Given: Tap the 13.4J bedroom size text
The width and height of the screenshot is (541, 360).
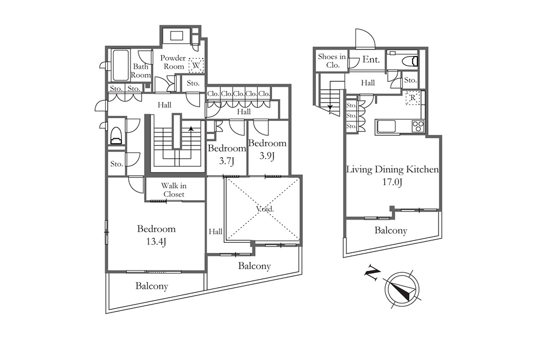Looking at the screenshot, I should pyautogui.click(x=156, y=242).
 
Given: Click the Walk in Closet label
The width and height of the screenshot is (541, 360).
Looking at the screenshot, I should pyautogui.click(x=173, y=190).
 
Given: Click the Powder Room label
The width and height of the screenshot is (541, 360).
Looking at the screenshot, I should pyautogui.click(x=173, y=62).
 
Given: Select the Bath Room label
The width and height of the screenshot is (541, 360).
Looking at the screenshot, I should pyautogui.click(x=142, y=71).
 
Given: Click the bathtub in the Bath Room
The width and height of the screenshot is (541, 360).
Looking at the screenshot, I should pyautogui.click(x=120, y=65).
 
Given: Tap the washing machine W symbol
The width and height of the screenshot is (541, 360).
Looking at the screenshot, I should pyautogui.click(x=197, y=64).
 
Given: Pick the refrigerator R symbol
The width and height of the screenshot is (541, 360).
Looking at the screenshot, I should pyautogui.click(x=412, y=98).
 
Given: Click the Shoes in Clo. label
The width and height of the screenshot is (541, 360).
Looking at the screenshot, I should pyautogui.click(x=332, y=61).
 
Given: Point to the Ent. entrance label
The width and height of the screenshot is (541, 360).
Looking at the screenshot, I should pyautogui.click(x=371, y=60).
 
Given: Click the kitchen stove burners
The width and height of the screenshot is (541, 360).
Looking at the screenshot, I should pyautogui.click(x=418, y=126).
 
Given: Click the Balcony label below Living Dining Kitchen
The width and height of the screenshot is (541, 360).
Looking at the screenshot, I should pyautogui.click(x=391, y=230).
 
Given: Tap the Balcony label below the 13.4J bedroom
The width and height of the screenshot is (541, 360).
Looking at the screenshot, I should pyautogui.click(x=152, y=286).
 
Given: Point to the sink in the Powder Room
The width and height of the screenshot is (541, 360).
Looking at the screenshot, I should pyautogui.click(x=176, y=36).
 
